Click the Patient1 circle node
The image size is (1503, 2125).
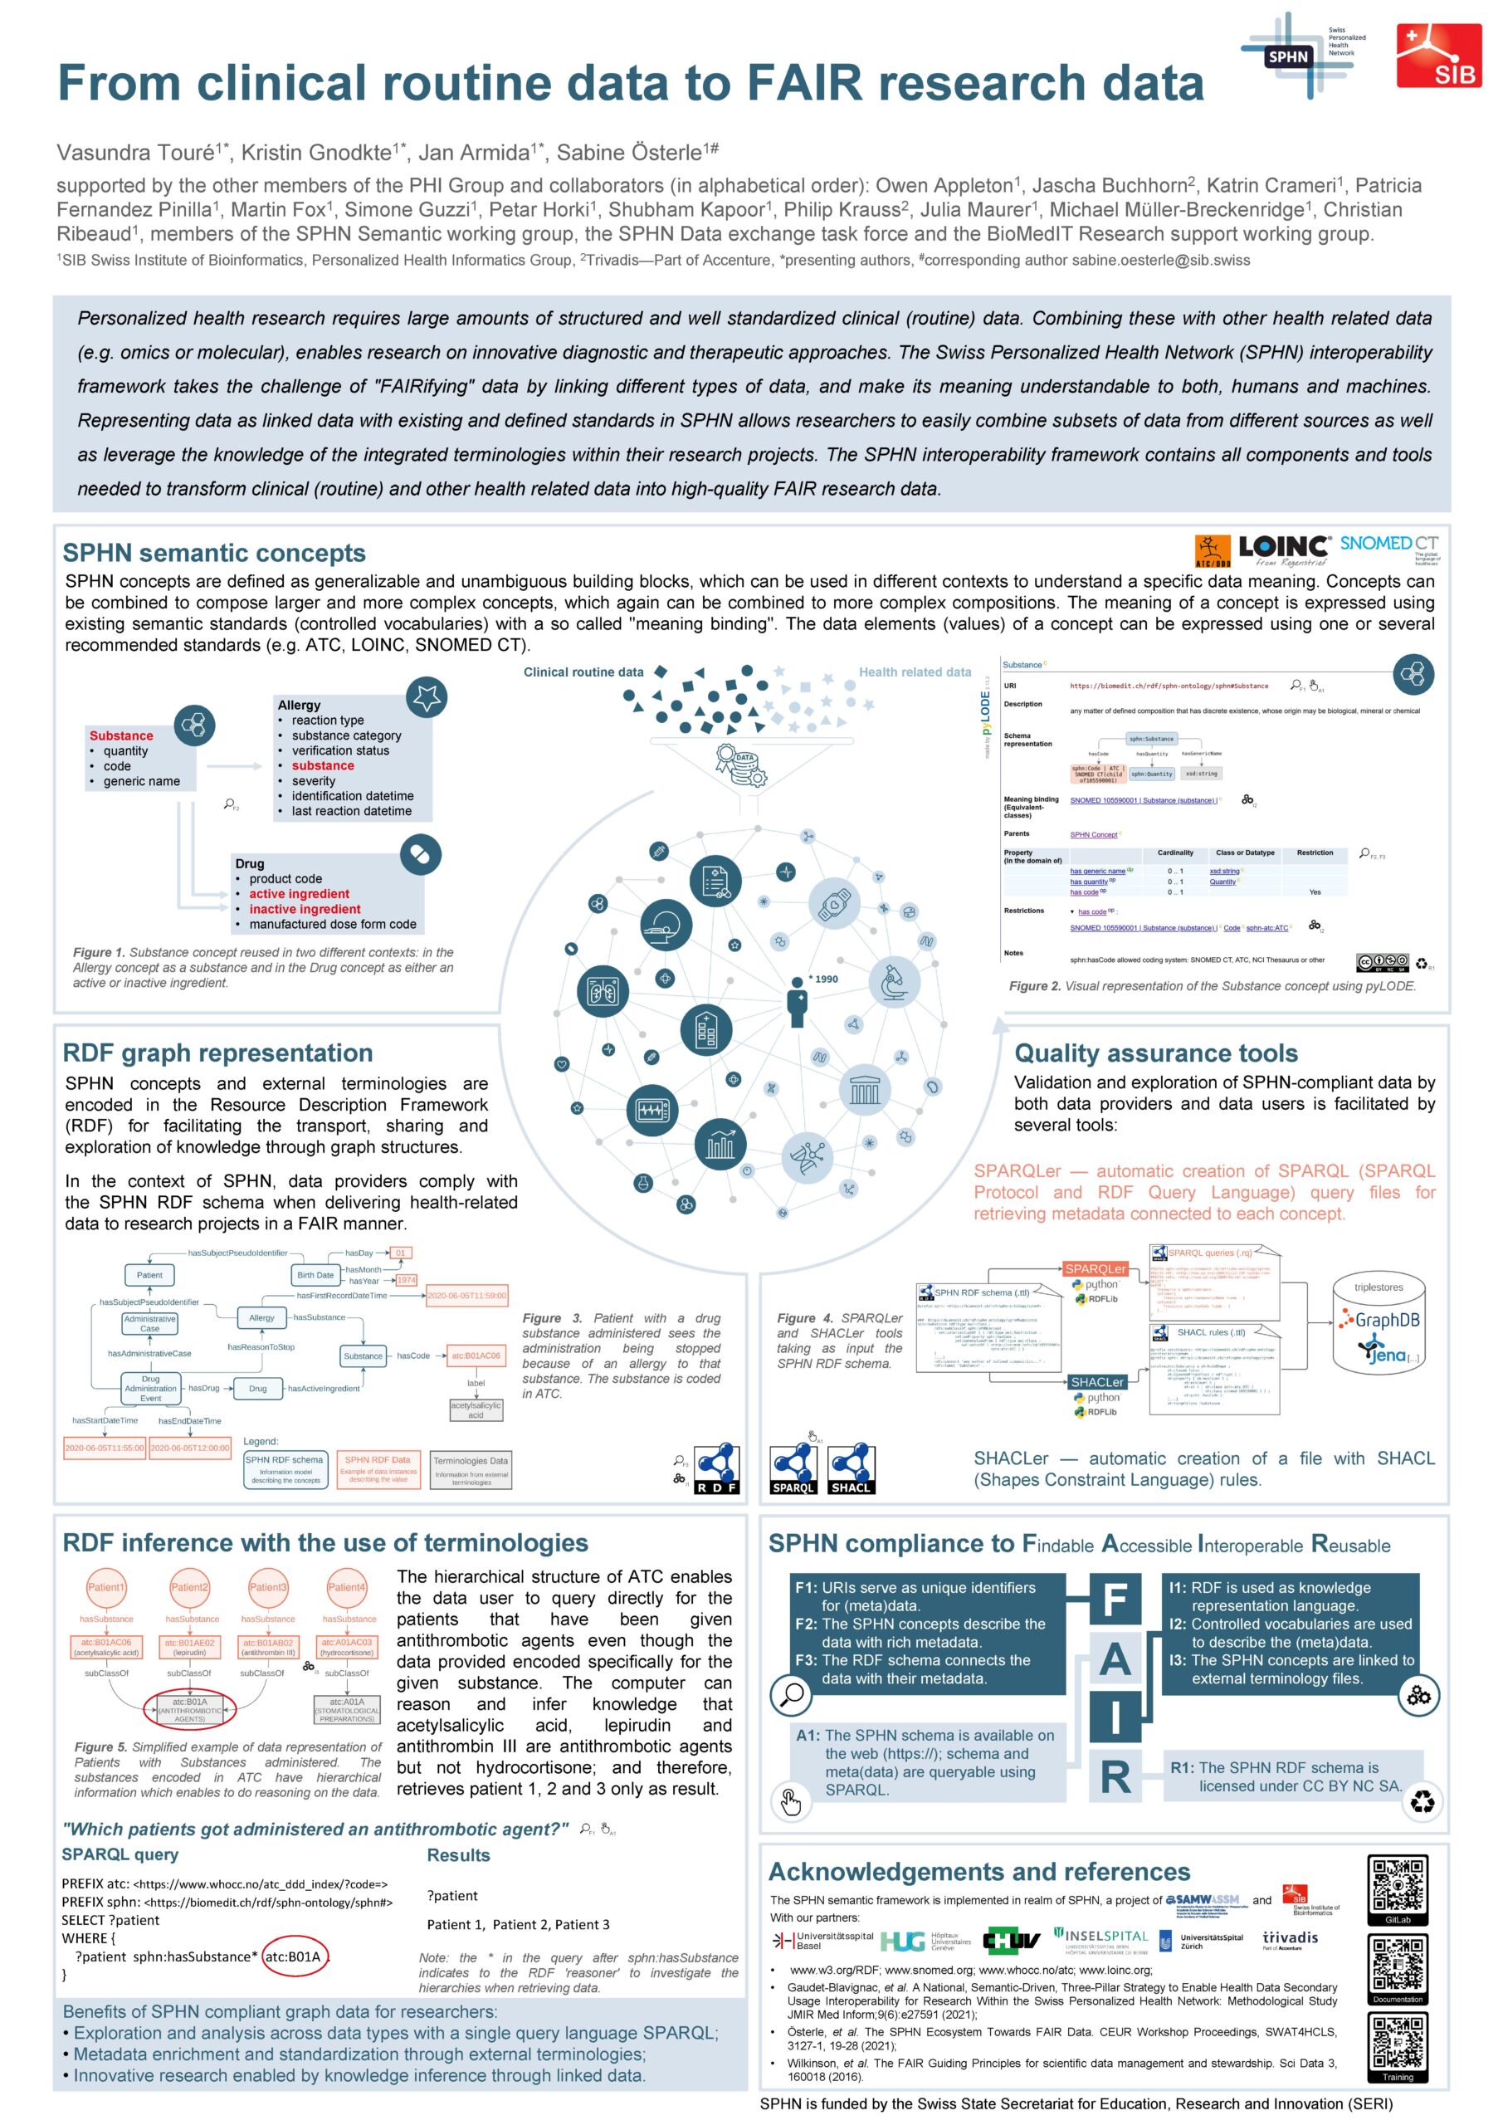(105, 1587)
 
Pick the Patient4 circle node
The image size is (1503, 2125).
(346, 1587)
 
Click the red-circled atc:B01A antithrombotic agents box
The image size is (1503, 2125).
(190, 1709)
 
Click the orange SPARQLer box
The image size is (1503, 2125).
(1095, 1269)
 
